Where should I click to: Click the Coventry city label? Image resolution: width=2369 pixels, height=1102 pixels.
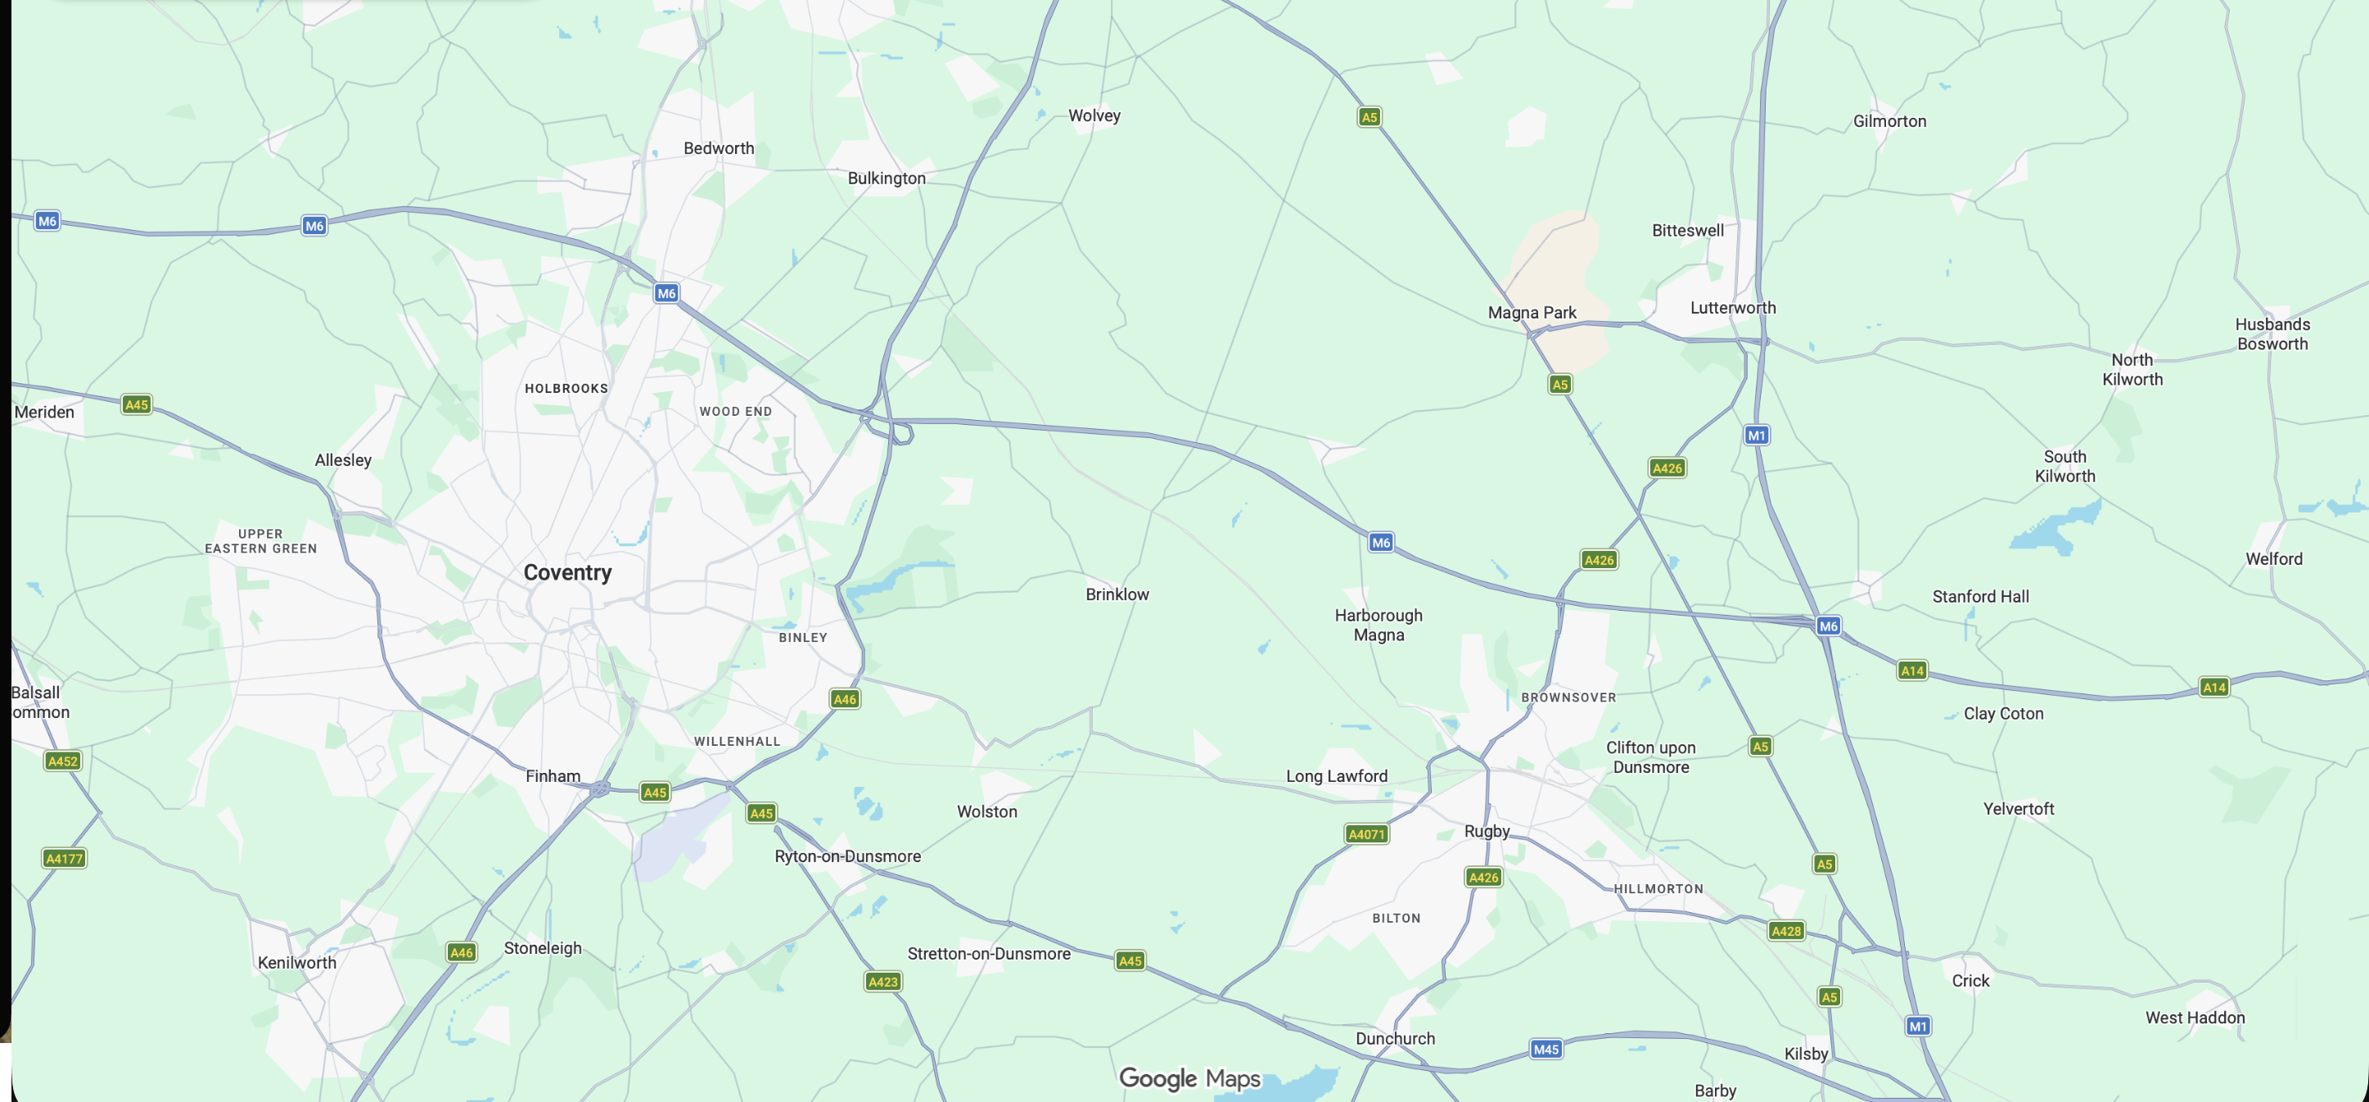pos(567,572)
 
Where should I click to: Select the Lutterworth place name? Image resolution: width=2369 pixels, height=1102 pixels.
pos(1733,307)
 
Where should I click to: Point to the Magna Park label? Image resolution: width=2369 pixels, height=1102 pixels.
pos(1532,312)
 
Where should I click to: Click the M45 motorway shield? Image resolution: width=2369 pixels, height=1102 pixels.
pos(1546,1049)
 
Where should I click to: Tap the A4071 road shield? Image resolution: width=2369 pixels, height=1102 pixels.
pos(1366,833)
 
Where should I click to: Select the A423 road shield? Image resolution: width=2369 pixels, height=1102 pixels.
pos(883,982)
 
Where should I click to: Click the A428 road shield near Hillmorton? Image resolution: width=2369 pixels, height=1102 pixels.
pos(1786,931)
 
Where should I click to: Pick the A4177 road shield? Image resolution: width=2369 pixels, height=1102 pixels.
pos(65,858)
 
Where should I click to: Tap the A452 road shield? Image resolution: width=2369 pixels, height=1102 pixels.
pos(62,761)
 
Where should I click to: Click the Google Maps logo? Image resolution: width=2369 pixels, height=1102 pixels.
pos(1189,1078)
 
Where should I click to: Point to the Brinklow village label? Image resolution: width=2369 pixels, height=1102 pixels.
pos(1117,594)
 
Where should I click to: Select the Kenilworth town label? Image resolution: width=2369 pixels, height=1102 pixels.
pos(296,962)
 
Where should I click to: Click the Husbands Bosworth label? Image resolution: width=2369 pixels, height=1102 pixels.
pos(2272,334)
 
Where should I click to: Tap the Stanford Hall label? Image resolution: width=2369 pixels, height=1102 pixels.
pos(1980,596)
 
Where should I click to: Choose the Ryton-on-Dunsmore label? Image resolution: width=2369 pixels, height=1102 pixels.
pos(847,856)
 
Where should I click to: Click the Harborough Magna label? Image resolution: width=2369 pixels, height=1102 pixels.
pos(1378,625)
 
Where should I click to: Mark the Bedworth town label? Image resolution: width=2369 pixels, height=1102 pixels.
pos(718,148)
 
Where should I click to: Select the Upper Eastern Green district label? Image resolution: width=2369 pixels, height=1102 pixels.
pos(260,541)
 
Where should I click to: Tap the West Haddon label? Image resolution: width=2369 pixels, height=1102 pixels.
pos(2195,1018)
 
